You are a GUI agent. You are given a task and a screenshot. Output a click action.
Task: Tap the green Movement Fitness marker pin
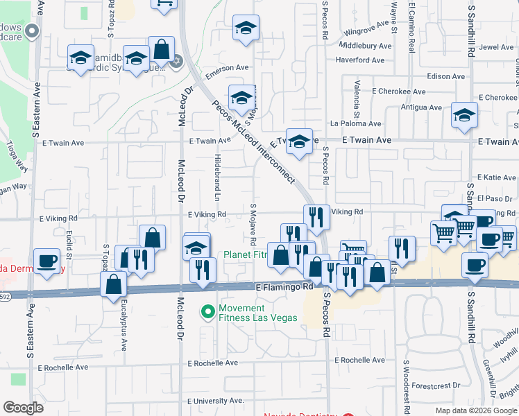(x=207, y=313)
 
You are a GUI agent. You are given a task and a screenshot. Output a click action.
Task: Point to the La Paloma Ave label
(x=356, y=124)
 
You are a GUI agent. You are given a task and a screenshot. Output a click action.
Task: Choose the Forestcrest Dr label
(x=436, y=385)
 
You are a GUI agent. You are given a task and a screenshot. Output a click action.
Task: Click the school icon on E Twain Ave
(x=299, y=142)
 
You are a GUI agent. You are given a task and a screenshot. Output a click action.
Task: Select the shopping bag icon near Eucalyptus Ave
(x=113, y=284)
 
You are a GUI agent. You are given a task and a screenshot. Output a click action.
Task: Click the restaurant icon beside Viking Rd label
(x=315, y=218)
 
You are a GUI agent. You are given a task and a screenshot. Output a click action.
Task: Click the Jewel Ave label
(x=497, y=47)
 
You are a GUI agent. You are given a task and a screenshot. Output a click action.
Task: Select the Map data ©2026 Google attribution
(x=475, y=410)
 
